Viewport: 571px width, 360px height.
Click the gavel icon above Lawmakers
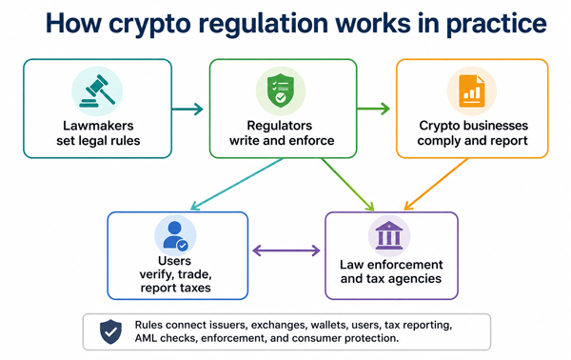point(97,91)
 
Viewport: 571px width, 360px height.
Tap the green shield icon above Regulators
point(281,90)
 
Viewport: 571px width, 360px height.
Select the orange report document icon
point(472,90)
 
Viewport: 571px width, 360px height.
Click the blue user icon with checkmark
point(175,236)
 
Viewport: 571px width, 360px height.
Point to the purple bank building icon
point(389,235)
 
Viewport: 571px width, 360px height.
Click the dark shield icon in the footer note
point(110,331)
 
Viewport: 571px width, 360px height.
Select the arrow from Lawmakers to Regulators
point(187,109)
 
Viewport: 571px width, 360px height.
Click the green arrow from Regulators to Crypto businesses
point(373,109)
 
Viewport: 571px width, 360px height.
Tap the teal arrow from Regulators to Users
point(237,184)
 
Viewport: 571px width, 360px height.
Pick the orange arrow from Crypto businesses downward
point(436,184)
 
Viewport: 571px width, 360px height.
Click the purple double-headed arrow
point(286,250)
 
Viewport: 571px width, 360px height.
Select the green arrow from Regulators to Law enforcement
point(347,185)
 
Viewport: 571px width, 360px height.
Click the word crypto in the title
point(149,24)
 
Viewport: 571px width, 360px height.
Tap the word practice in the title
point(497,24)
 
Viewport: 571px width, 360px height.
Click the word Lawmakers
point(98,126)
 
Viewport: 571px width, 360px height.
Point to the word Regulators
point(280,126)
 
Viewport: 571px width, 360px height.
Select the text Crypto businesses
point(473,126)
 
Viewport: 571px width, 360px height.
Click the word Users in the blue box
point(175,261)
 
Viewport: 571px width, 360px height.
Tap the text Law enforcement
point(391,265)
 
